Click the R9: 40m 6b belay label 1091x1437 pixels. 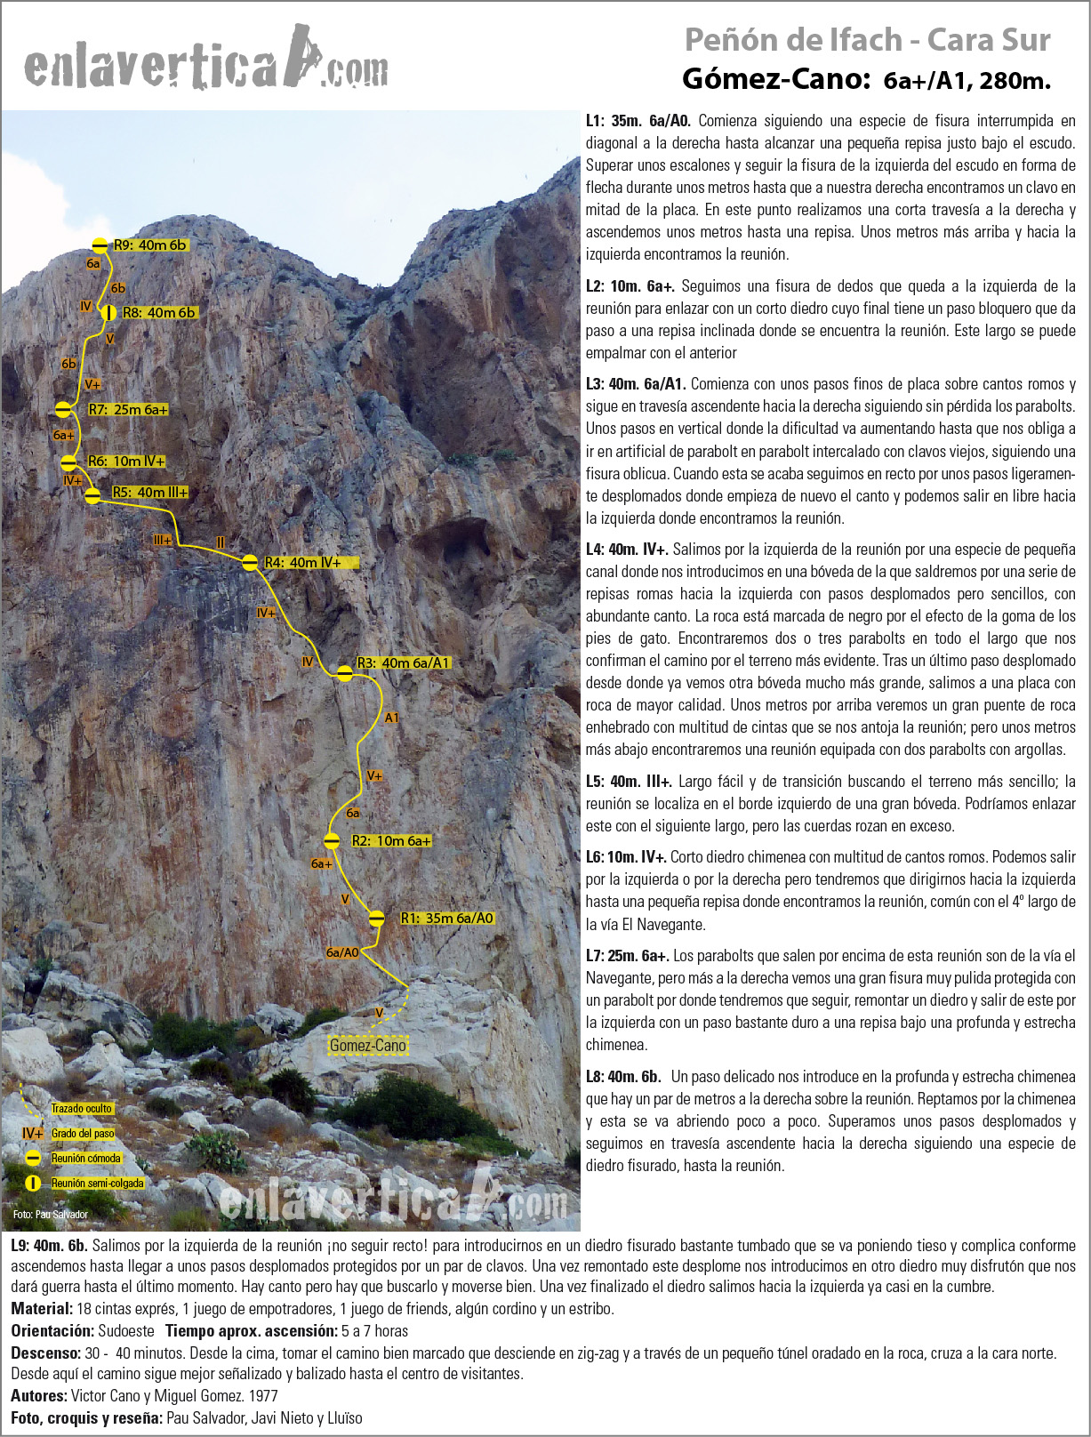point(150,245)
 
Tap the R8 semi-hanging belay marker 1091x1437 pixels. point(108,313)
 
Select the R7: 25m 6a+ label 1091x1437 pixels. point(128,410)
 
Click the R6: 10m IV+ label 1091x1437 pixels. point(126,462)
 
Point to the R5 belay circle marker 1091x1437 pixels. point(92,495)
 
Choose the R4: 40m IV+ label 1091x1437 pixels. point(303,563)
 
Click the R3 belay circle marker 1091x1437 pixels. point(345,673)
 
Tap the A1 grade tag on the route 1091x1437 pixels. point(391,718)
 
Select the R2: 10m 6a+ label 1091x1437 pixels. point(391,840)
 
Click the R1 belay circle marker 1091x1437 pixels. point(377,918)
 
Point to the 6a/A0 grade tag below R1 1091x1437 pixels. point(342,952)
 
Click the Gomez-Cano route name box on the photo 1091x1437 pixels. point(367,1046)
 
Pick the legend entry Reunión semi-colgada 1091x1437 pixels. point(97,1184)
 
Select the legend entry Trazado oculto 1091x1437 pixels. point(81,1109)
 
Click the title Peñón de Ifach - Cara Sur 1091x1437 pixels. point(867,40)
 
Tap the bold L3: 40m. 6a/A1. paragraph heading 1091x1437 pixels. point(635,384)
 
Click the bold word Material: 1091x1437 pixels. point(42,1309)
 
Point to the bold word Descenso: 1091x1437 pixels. point(45,1353)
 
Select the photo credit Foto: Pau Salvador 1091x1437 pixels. point(50,1215)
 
